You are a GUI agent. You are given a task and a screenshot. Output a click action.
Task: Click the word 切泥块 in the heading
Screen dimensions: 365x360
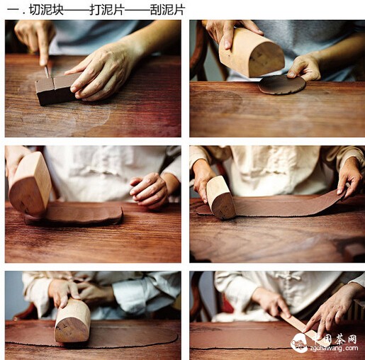pos(46,10)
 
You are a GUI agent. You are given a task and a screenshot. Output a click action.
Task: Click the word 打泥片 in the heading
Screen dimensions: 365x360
pos(107,10)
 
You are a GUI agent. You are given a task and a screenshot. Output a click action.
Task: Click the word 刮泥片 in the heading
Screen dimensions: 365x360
pos(167,10)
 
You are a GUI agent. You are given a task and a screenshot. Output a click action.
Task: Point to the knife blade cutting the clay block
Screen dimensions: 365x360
pos(47,72)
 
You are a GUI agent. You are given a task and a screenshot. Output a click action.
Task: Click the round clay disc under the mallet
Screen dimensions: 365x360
pos(282,84)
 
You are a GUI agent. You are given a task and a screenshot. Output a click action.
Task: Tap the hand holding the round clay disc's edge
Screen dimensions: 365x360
pos(304,67)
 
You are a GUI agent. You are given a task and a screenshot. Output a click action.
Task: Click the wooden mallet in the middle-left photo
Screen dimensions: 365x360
pos(30,184)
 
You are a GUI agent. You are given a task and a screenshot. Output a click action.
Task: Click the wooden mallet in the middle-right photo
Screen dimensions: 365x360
pos(220,197)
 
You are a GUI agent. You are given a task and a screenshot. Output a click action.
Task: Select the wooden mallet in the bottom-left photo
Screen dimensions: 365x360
pos(73,321)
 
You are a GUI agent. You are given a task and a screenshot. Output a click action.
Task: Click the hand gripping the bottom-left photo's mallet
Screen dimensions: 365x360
pos(63,293)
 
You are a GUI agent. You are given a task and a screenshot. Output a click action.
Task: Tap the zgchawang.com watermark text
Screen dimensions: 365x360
pos(333,349)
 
